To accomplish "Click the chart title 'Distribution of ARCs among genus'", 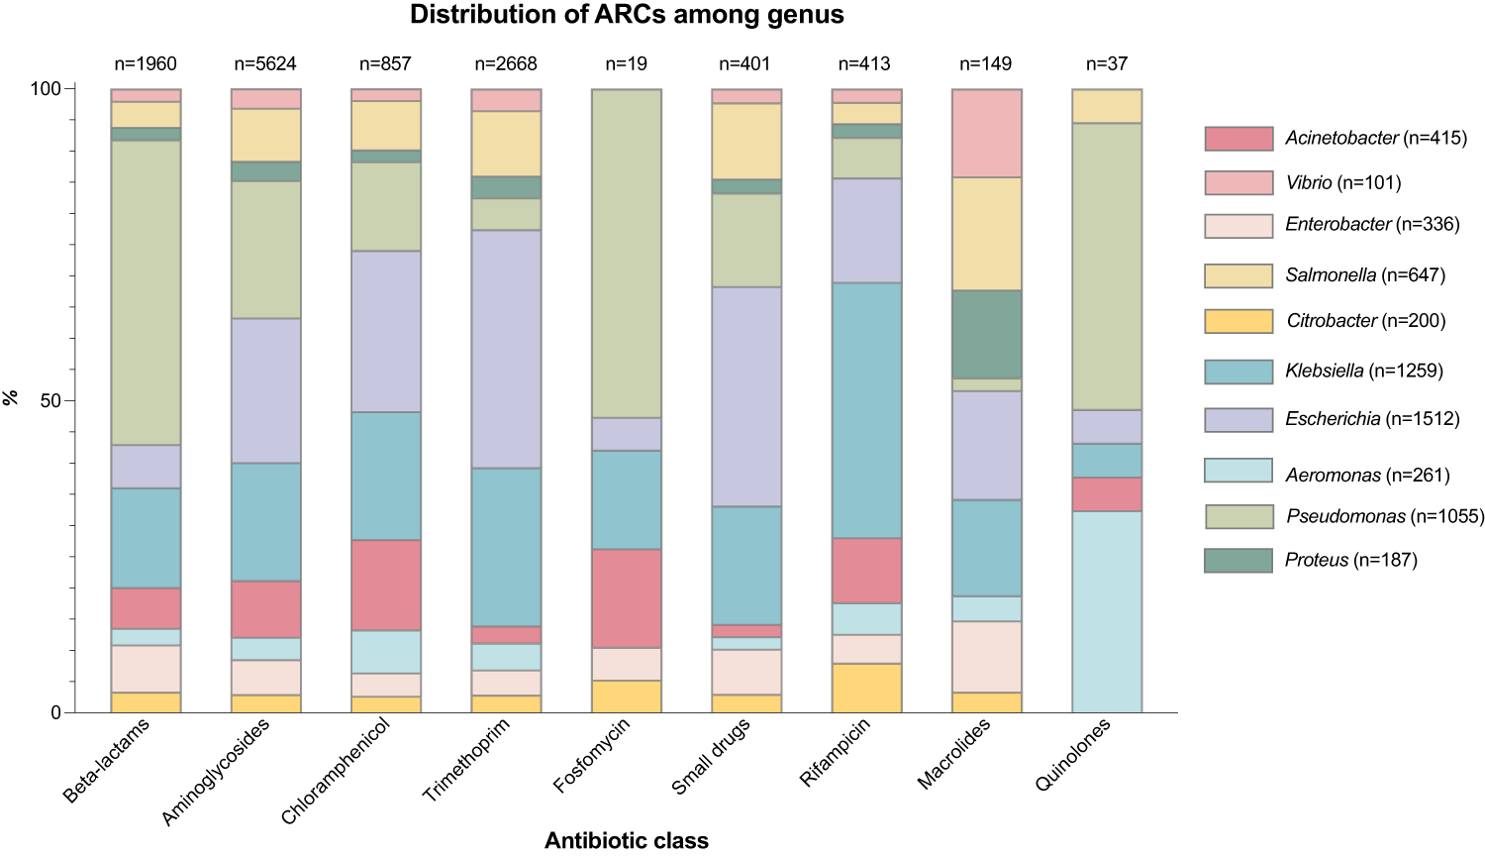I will pyautogui.click(x=627, y=15).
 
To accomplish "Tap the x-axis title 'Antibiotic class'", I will pyautogui.click(x=626, y=841).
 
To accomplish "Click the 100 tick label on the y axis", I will pyautogui.click(x=45, y=89).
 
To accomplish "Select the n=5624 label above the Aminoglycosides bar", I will pyautogui.click(x=265, y=64).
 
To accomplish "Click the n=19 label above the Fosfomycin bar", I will pyautogui.click(x=626, y=64).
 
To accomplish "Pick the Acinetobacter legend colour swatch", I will pyautogui.click(x=1237, y=139).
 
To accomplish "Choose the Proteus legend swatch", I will pyautogui.click(x=1237, y=561).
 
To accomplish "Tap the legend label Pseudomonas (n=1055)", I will pyautogui.click(x=1384, y=516).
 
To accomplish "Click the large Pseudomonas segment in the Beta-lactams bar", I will pyautogui.click(x=146, y=292).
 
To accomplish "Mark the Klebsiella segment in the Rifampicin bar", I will pyautogui.click(x=866, y=410).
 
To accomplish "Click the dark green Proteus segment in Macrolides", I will pyautogui.click(x=986, y=334).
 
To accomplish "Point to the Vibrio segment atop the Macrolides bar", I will pyautogui.click(x=986, y=133).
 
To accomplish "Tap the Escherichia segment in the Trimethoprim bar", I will pyautogui.click(x=506, y=349).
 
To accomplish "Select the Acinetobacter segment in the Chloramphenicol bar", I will pyautogui.click(x=386, y=585).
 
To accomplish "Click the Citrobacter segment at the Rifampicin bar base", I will pyautogui.click(x=866, y=688).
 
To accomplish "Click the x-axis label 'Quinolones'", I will pyautogui.click(x=1073, y=755).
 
